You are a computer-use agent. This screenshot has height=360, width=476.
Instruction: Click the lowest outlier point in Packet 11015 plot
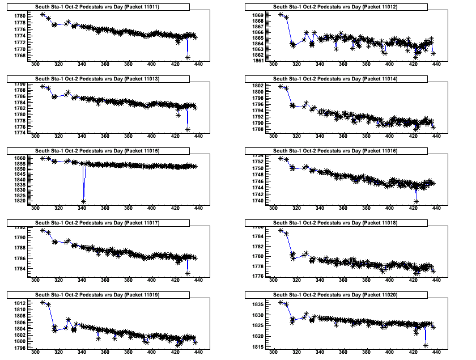pos(83,201)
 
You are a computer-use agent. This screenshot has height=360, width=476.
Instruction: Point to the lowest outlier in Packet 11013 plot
pos(188,130)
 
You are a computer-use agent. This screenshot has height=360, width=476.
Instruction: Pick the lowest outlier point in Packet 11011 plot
pos(188,57)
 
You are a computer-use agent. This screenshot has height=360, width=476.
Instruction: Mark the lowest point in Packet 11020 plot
pos(426,345)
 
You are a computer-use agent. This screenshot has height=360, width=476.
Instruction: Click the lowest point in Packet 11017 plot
pos(188,274)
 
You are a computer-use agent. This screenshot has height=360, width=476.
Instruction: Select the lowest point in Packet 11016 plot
pos(416,201)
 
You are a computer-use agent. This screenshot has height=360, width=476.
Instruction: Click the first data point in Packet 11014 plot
pos(281,86)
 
